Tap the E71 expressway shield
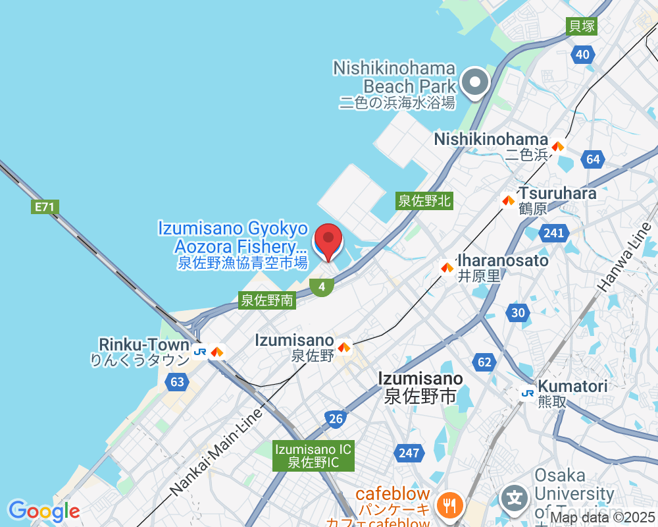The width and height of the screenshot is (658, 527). coord(45,207)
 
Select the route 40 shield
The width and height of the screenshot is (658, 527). coord(582,55)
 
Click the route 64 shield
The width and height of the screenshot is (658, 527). coord(593,159)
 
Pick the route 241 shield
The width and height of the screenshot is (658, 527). coord(553,233)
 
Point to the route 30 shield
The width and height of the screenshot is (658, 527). coord(519,313)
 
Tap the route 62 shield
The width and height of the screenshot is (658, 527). coord(484,362)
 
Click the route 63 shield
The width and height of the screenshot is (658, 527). coord(177,381)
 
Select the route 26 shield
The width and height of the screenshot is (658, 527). coord(336,418)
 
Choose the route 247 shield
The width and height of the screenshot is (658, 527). coord(408,453)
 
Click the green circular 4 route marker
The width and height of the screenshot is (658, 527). coord(322,287)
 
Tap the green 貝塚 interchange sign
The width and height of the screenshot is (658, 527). coord(582,26)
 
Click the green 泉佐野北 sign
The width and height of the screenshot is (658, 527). coord(424,201)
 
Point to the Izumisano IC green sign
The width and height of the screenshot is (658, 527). coord(314,456)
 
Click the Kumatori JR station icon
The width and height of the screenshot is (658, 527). coord(527,393)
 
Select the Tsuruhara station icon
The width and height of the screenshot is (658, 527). coord(508,200)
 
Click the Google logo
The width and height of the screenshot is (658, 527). coord(44,511)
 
